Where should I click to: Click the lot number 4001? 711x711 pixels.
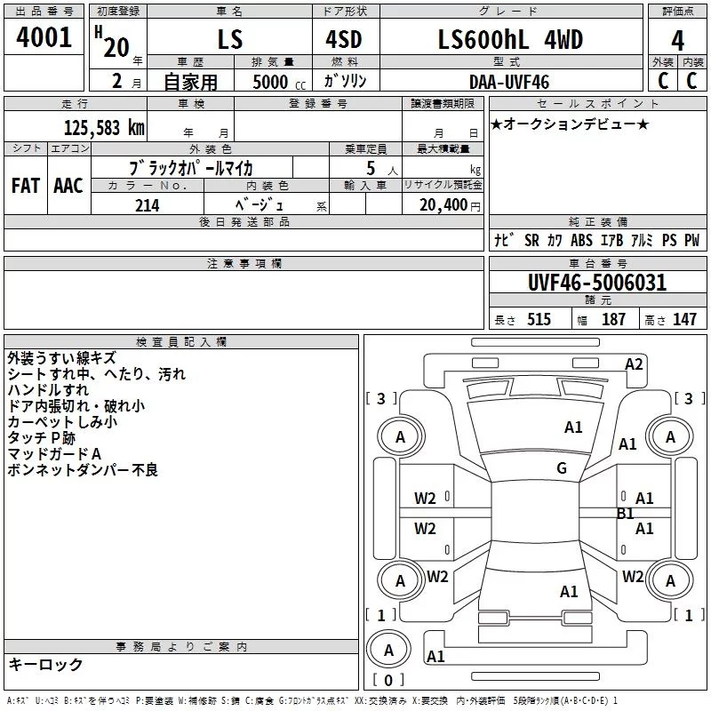pos(44,37)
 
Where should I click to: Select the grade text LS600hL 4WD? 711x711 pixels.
pos(510,39)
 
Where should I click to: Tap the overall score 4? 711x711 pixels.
pos(677,41)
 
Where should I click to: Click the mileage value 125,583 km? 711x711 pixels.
pos(104,128)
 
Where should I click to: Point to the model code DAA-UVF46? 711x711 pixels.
pos(509,82)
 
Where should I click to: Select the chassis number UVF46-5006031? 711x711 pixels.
pos(597,283)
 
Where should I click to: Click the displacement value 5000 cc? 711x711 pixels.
pos(279,82)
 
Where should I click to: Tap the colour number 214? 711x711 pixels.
pos(147,205)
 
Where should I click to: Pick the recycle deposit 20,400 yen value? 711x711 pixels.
pos(450,205)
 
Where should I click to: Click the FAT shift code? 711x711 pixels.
pos(26,186)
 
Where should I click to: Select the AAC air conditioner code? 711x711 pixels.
pos(68,186)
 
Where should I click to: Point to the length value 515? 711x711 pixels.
pos(539,319)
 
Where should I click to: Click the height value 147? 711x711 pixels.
pos(684,319)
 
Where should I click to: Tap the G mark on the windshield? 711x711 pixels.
pos(562,468)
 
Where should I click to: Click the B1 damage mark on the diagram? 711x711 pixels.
pos(626,514)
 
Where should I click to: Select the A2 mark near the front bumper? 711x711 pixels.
pos(634,364)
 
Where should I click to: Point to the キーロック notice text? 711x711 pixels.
pos(45,664)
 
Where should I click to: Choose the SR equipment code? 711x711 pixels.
pos(531,240)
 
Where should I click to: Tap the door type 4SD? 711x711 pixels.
pos(344,39)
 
